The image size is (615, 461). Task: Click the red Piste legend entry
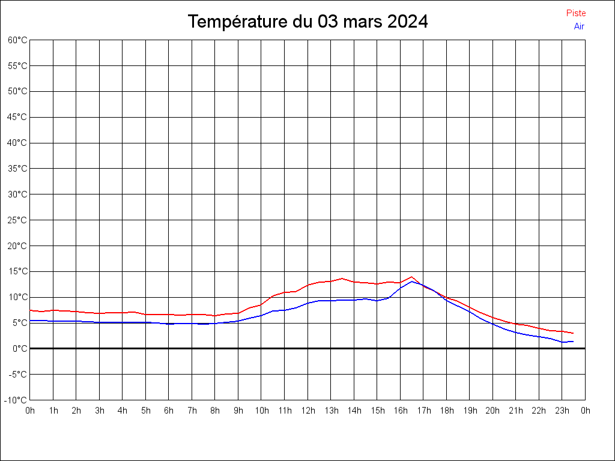pos(575,13)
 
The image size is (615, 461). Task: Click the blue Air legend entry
pos(579,26)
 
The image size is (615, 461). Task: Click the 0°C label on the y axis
pos(20,348)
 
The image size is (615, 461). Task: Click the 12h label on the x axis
pos(307,411)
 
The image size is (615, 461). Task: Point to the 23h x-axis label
pos(562,411)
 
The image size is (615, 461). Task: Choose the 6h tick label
pos(169,411)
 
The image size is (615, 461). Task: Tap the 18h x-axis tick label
pos(446,411)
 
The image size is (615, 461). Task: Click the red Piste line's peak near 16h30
pos(411,277)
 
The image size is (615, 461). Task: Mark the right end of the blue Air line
pos(574,342)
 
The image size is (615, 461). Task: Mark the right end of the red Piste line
pos(574,333)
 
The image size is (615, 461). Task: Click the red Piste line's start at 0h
pos(30,310)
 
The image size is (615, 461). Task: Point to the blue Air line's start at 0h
pos(30,321)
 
